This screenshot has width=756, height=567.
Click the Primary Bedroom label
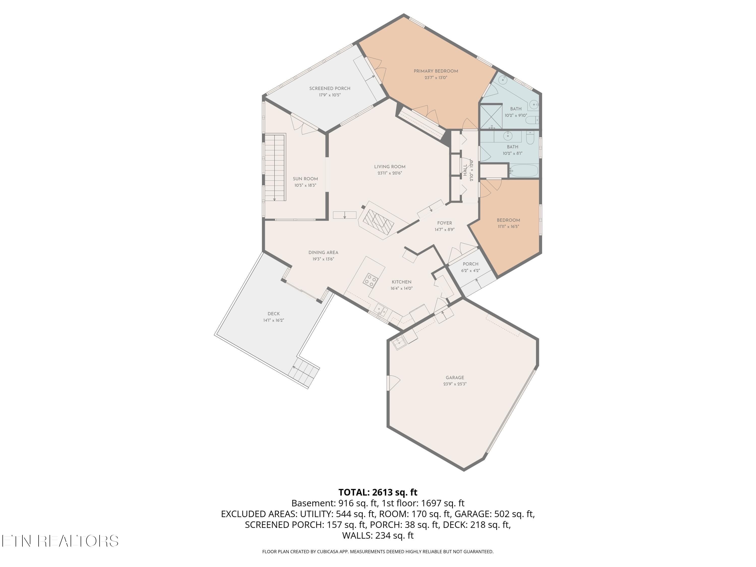coord(436,71)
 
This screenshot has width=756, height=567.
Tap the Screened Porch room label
coord(330,88)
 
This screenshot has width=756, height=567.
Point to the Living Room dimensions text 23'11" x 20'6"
coord(390,173)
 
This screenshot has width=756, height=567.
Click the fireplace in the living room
coord(378,221)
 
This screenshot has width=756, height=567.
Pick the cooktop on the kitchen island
coord(370,280)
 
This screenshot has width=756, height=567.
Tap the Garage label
coord(455,378)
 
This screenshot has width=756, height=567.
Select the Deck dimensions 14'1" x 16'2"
coord(274,320)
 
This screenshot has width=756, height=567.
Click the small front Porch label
coord(471,264)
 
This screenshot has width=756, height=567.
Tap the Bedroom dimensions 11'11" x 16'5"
coord(508,227)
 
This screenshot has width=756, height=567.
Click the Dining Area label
coord(323,253)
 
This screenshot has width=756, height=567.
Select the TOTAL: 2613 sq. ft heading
coord(378,492)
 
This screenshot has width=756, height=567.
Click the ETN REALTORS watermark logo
coord(60,541)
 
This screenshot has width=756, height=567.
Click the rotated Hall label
coord(465,170)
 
